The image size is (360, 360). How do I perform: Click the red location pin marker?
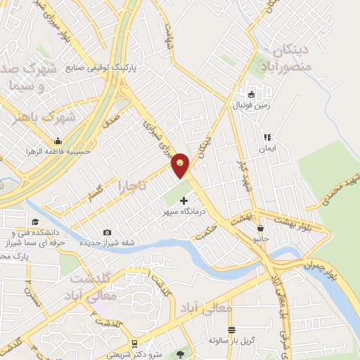(x=181, y=165)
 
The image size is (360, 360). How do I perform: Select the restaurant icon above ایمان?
(x=267, y=137)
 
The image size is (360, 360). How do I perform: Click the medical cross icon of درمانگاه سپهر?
(x=184, y=200)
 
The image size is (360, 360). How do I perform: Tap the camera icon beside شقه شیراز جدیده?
(x=107, y=232)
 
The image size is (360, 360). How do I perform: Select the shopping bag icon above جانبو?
(x=260, y=228)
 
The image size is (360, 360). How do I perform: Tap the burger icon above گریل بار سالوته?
(x=231, y=330)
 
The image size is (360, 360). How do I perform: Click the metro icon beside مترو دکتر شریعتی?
(x=184, y=354)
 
